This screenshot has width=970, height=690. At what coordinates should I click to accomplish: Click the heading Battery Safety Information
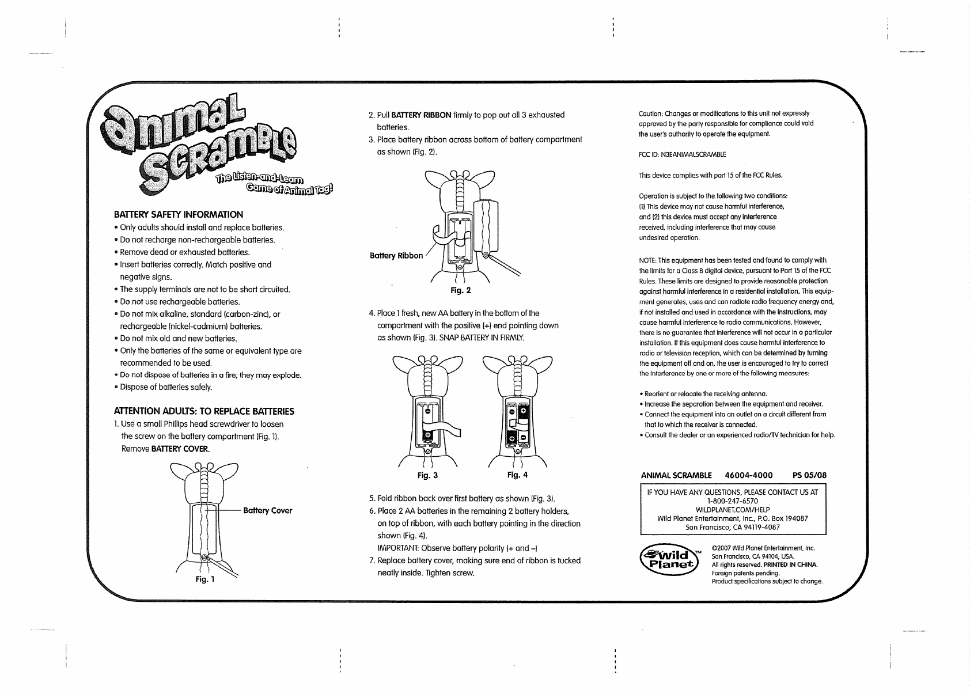tap(179, 214)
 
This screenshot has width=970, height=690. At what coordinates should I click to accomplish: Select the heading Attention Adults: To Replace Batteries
tap(204, 411)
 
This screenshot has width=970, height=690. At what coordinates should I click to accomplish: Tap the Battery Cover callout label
tap(268, 511)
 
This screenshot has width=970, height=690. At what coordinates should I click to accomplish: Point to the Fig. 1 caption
tap(204, 579)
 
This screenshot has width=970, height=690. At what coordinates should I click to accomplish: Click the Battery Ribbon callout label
tap(396, 256)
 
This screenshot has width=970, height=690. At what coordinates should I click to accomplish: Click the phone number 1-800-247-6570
tap(733, 501)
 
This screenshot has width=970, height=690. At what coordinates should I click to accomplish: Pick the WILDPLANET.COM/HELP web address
tap(733, 510)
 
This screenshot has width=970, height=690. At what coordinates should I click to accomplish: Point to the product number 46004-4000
tap(748, 476)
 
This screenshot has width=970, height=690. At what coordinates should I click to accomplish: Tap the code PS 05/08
tap(809, 476)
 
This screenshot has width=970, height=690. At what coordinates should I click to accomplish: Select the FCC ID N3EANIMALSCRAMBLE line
tap(682, 154)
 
